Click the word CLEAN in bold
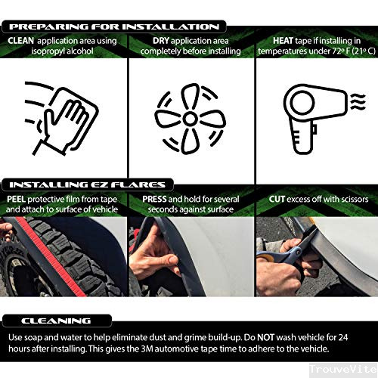(x=20, y=41)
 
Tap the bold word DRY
(x=161, y=41)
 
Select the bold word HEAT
(x=283, y=41)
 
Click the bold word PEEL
(x=16, y=199)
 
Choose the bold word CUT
(x=277, y=199)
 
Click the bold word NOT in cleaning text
(x=265, y=337)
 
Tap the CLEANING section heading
(x=56, y=321)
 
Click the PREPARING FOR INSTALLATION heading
(x=114, y=26)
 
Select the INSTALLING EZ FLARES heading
(x=87, y=185)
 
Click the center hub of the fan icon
(x=190, y=119)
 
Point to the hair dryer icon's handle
(x=302, y=138)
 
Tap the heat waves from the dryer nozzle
(x=358, y=101)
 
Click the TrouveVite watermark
(x=344, y=369)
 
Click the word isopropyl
(x=47, y=51)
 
